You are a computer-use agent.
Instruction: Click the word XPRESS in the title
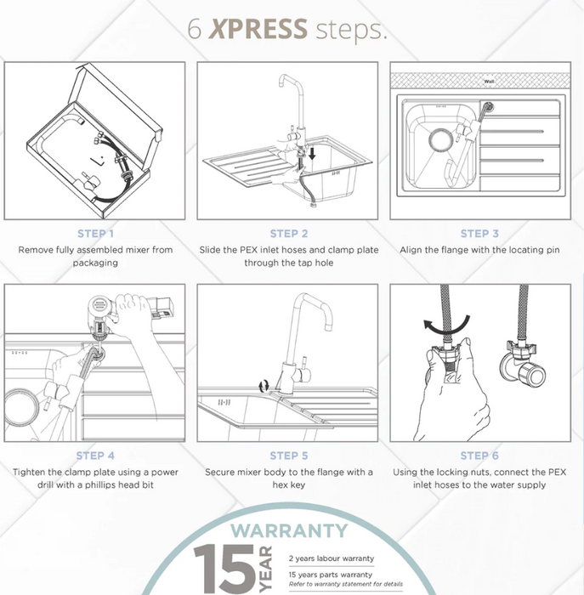coord(258,29)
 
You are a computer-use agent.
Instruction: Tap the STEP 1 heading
coord(95,234)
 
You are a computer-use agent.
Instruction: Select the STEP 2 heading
coord(289,234)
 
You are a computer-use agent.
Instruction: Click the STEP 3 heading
coord(479,234)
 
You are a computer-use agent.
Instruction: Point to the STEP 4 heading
coord(95,456)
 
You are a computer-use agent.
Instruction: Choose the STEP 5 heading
coord(289,456)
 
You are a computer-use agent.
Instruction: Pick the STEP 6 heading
coord(479,456)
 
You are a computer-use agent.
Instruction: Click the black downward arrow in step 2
coord(312,153)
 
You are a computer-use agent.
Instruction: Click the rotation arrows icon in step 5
coord(264,386)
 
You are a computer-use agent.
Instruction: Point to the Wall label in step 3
coord(489,82)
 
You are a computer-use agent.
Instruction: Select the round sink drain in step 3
coord(441,139)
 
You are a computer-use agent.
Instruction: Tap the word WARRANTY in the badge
coord(289,530)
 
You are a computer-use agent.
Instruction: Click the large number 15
coord(224,569)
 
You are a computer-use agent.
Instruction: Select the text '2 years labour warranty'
coord(332,558)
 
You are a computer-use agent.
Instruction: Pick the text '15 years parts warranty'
coord(330,575)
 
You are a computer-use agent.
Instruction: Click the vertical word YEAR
coord(265,569)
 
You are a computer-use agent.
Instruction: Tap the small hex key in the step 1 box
coord(98,160)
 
